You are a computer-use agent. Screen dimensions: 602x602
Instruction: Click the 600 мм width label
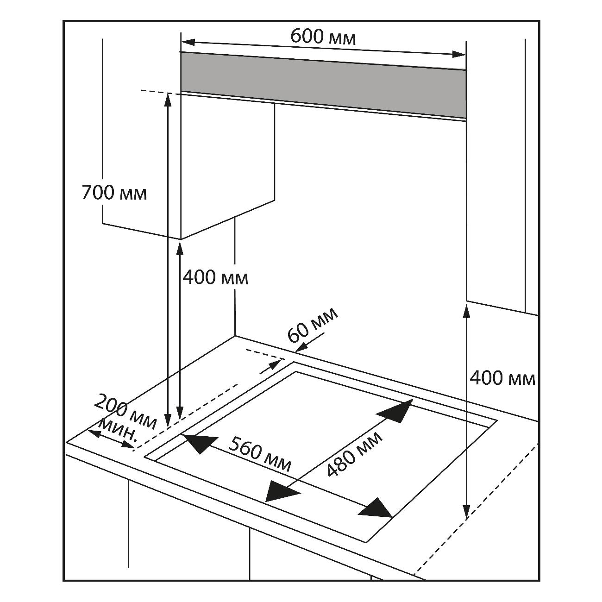point(323,37)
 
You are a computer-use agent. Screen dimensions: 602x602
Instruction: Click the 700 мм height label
point(114,193)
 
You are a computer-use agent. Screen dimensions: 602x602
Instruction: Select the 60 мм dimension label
point(313,326)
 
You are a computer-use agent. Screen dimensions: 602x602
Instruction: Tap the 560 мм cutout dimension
point(260,454)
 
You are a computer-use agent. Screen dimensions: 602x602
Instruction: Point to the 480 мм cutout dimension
point(355,454)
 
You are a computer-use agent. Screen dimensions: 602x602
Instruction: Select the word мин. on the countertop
point(118,429)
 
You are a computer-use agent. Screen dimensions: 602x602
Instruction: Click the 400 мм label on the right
point(502,378)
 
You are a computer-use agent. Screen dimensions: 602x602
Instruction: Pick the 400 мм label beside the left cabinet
point(215,277)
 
